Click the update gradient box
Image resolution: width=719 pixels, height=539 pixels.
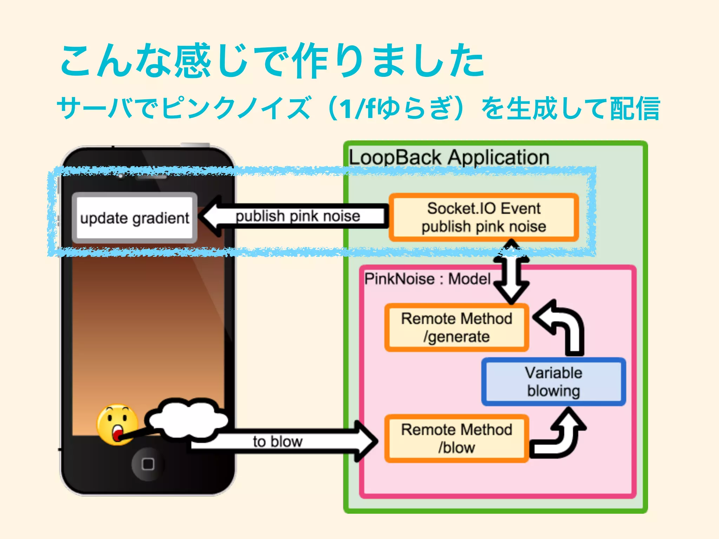tap(134, 218)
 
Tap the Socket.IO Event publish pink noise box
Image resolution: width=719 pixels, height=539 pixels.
tap(483, 217)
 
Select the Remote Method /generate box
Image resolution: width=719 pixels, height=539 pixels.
tap(456, 327)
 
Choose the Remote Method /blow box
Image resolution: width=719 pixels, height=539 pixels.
tap(456, 438)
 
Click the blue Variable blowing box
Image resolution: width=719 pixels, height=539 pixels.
tap(553, 382)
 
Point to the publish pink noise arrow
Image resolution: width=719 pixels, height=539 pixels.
tap(295, 216)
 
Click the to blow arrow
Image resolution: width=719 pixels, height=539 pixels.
tap(281, 441)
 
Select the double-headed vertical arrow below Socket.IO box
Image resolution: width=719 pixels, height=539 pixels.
tap(512, 272)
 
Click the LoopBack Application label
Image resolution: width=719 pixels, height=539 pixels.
tap(449, 157)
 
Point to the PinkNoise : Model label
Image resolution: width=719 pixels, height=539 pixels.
tap(427, 279)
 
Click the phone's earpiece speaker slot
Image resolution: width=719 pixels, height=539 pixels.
tap(152, 177)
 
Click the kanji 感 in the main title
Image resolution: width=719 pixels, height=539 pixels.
tap(192, 60)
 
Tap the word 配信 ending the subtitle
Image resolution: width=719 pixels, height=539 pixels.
tap(635, 109)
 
